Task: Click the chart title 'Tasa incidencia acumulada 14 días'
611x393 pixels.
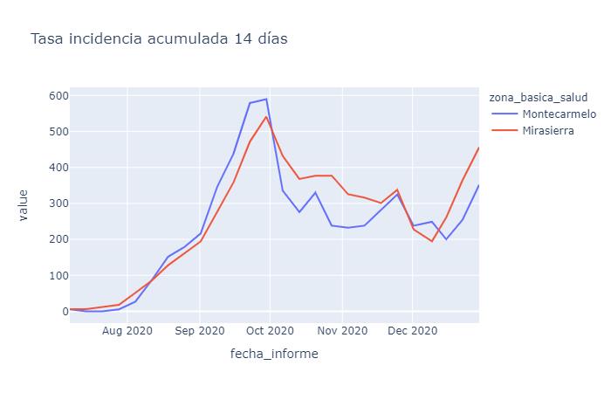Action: tap(159, 39)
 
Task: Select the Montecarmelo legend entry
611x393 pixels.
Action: tap(559, 114)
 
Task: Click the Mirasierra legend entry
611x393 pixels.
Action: tap(547, 131)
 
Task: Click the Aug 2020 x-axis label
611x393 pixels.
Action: tap(127, 331)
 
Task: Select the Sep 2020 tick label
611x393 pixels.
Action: tap(200, 331)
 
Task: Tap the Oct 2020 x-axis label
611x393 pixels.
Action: tap(270, 331)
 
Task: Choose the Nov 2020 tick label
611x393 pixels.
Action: tap(342, 331)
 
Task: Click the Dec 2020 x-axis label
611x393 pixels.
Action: tap(412, 331)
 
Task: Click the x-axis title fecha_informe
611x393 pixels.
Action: tap(274, 354)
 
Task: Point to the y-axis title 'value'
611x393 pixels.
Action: tap(24, 204)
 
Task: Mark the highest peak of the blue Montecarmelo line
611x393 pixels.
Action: tap(266, 99)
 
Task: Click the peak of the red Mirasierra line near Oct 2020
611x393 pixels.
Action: tap(266, 117)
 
